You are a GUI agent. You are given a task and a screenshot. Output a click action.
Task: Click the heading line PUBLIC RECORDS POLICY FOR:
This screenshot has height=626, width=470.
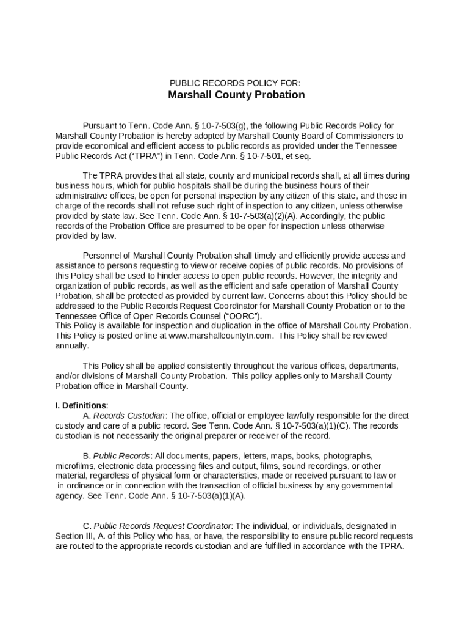pyautogui.click(x=235, y=83)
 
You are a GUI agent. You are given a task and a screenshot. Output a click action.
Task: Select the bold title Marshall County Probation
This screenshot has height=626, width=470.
pyautogui.click(x=236, y=95)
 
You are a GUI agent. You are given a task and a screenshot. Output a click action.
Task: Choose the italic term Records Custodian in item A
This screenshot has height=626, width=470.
pyautogui.click(x=129, y=416)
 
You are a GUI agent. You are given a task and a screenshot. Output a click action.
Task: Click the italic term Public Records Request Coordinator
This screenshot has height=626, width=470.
pyautogui.click(x=163, y=526)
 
